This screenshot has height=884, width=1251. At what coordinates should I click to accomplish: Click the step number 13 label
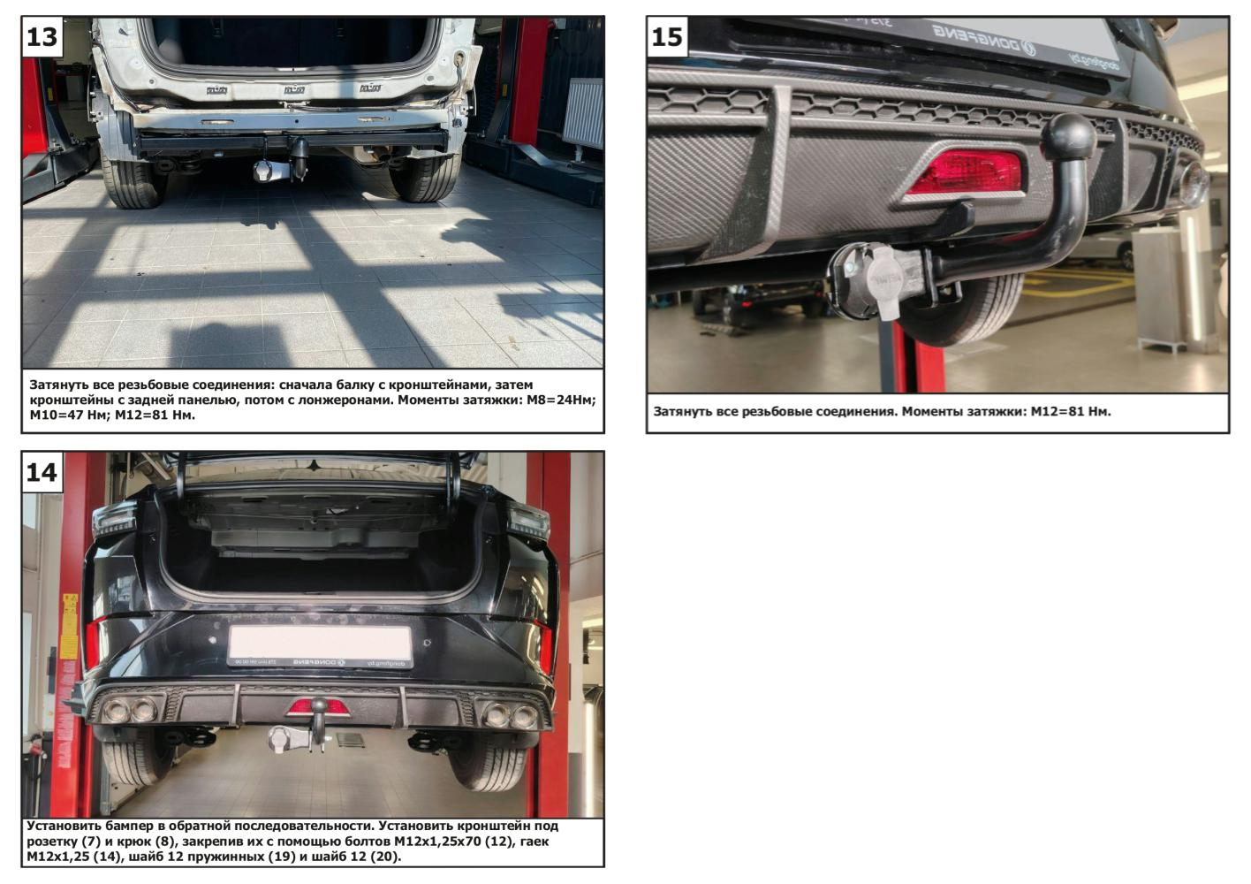click(x=42, y=37)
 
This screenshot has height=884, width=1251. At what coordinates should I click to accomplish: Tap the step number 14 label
click(x=42, y=473)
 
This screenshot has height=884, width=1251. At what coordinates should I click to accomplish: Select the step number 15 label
click(x=667, y=37)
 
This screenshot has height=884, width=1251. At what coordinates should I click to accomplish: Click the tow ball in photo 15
click(x=1069, y=137)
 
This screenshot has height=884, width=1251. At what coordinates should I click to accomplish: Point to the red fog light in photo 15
click(x=963, y=172)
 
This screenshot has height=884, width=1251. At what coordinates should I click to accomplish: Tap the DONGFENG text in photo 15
click(x=984, y=39)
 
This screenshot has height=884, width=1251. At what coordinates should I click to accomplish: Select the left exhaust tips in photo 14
click(x=130, y=710)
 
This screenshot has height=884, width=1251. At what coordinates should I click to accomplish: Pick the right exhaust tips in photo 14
click(x=511, y=714)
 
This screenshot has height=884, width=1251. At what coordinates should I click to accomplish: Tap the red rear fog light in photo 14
click(x=318, y=709)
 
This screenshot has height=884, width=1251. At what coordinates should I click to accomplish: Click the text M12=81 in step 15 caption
click(x=1071, y=412)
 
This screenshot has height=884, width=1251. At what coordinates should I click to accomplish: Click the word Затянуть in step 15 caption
click(x=682, y=412)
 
